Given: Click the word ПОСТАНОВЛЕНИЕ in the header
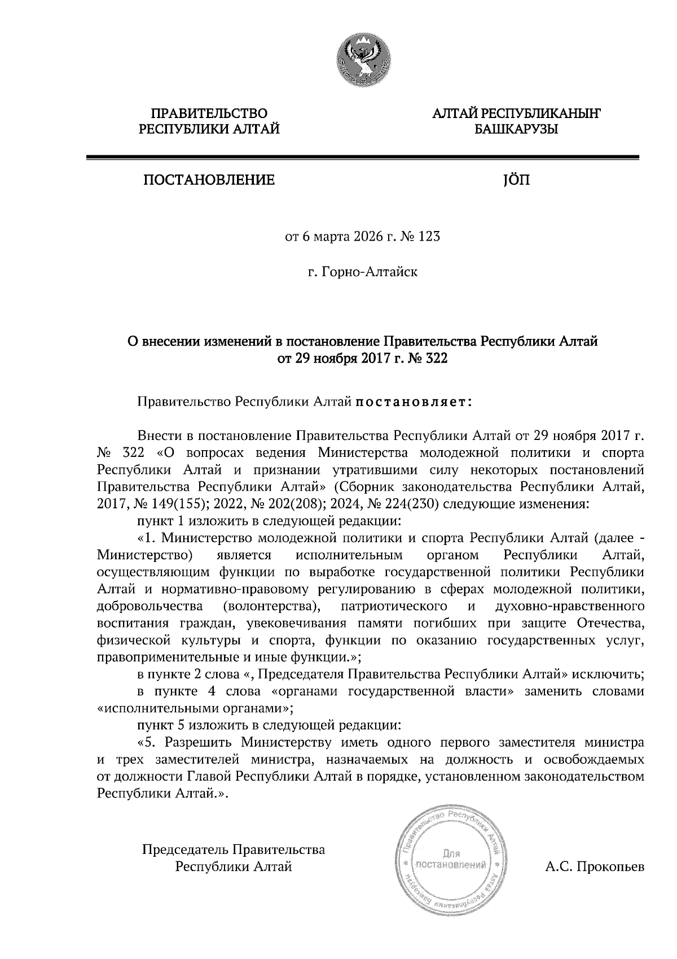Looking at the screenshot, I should [209, 180].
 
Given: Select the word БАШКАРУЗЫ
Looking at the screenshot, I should [516, 130].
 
